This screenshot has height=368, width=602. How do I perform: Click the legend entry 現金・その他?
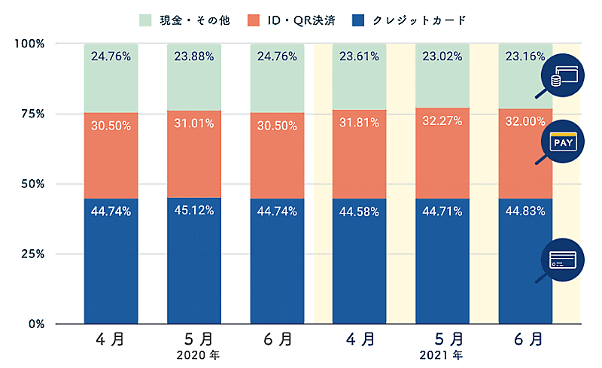click(x=187, y=20)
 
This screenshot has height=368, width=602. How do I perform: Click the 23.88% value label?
click(x=194, y=55)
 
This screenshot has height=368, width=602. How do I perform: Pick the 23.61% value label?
click(x=360, y=55)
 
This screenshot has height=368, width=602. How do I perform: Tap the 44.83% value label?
click(x=525, y=211)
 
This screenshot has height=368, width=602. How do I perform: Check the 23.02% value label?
click(x=442, y=55)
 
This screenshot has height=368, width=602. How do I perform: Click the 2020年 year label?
click(x=194, y=354)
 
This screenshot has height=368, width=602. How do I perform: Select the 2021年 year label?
click(x=442, y=354)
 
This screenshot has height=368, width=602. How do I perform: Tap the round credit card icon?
click(x=563, y=260)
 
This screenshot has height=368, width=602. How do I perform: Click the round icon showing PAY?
click(x=563, y=141)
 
